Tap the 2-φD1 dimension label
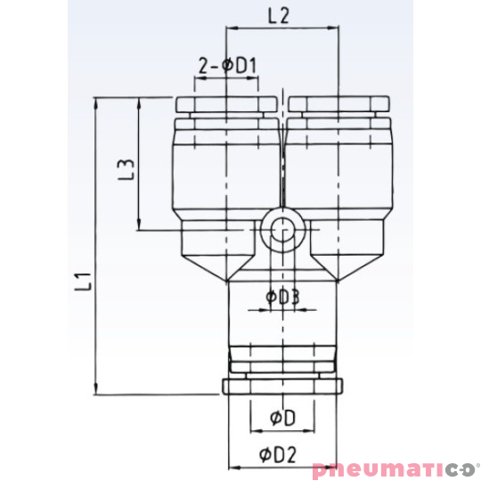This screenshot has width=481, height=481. tap(227, 65)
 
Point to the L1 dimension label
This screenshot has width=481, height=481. tap(83, 282)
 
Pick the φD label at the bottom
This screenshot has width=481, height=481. tap(283, 418)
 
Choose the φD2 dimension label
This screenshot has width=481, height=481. tap(278, 454)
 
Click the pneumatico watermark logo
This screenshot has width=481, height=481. tap(395, 469)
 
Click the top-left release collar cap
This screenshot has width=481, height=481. tap(229, 104)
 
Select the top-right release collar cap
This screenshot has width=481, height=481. tap(338, 104)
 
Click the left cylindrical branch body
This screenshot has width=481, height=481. tap(229, 169)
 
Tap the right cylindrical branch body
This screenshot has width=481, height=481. tap(338, 169)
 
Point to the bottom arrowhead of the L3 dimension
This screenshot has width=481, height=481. tap(140, 226)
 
